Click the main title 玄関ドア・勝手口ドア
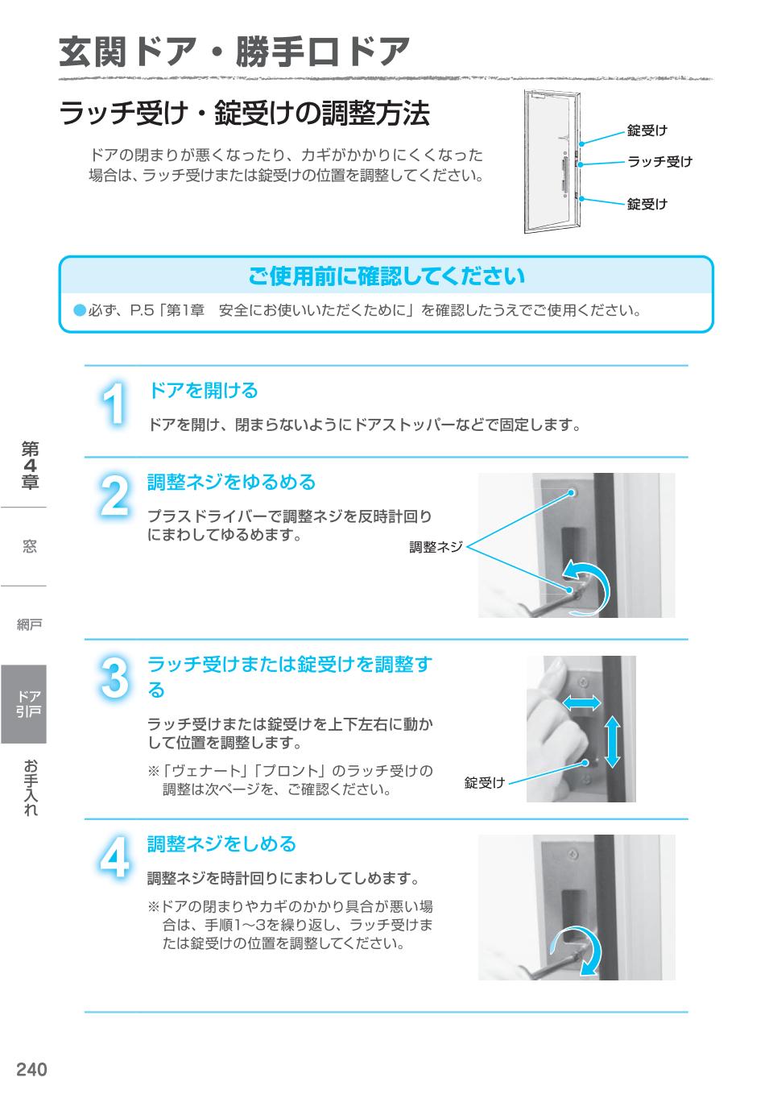click(234, 53)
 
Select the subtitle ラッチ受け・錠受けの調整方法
click(244, 114)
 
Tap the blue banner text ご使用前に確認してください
click(386, 276)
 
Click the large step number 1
click(115, 404)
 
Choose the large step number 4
click(115, 858)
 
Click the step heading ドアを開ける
click(203, 391)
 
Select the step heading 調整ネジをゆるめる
click(231, 483)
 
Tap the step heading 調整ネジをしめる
click(221, 844)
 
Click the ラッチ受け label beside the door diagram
click(659, 162)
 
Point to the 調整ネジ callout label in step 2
click(436, 547)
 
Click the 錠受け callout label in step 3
click(484, 782)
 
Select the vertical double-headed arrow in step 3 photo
click(613, 741)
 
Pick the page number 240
click(32, 1070)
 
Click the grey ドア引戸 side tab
click(24, 704)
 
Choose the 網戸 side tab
click(30, 624)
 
